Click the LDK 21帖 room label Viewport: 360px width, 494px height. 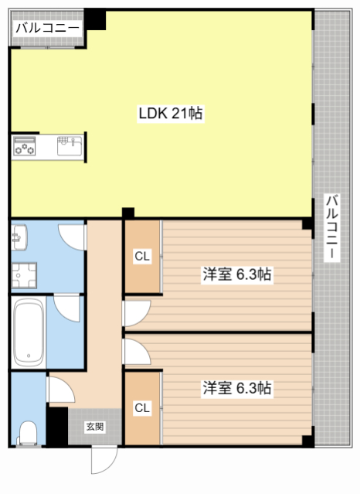coord(170,113)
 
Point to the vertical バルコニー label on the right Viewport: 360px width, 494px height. coord(331,227)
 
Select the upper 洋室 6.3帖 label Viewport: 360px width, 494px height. coord(237,274)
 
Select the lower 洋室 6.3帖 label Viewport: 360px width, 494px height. coord(237,387)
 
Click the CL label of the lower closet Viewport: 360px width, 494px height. coord(142,407)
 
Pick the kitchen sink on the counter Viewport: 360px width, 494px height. coord(70,145)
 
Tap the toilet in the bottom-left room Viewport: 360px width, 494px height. coord(27,434)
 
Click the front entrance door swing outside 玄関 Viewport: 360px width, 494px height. coord(103,460)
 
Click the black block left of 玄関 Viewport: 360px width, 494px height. coord(57,426)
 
